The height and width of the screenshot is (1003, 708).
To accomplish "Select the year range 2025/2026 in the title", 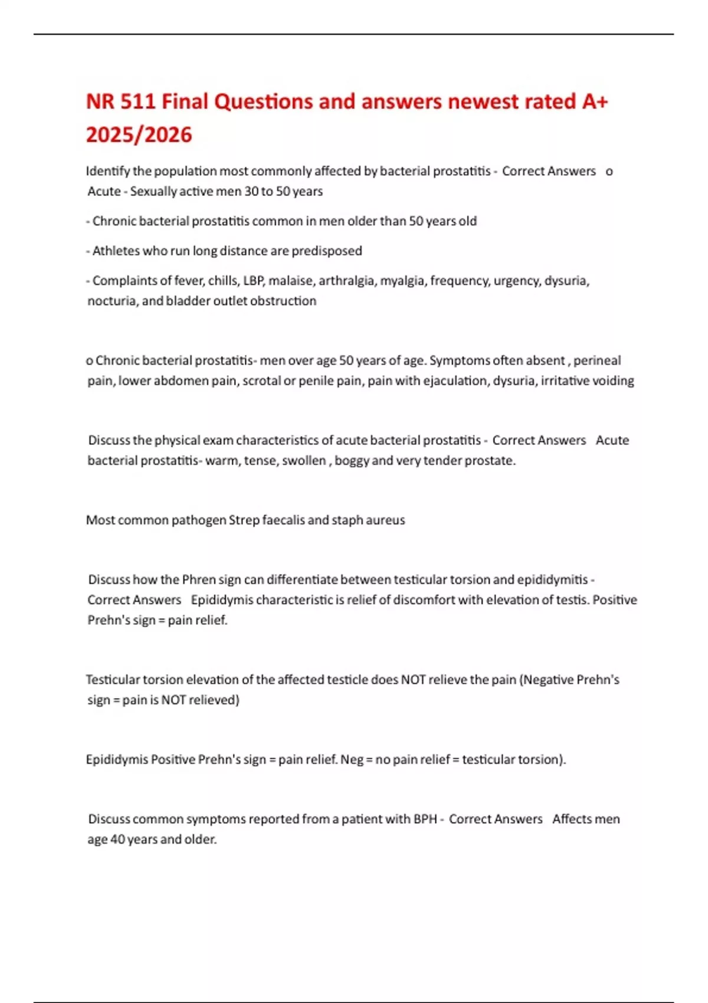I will (x=139, y=135).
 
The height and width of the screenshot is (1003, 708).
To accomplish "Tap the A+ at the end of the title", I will (x=595, y=101).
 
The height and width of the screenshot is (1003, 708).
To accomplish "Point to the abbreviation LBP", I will (x=253, y=280).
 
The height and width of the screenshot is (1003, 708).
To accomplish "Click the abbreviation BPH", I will (x=425, y=819).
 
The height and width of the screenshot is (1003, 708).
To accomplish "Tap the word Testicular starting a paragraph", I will (x=113, y=680).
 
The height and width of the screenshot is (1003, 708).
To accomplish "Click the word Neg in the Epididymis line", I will (x=352, y=759).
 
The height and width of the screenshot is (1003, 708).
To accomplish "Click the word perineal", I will (x=597, y=360).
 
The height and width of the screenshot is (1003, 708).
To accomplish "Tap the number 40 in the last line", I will (x=117, y=839).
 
